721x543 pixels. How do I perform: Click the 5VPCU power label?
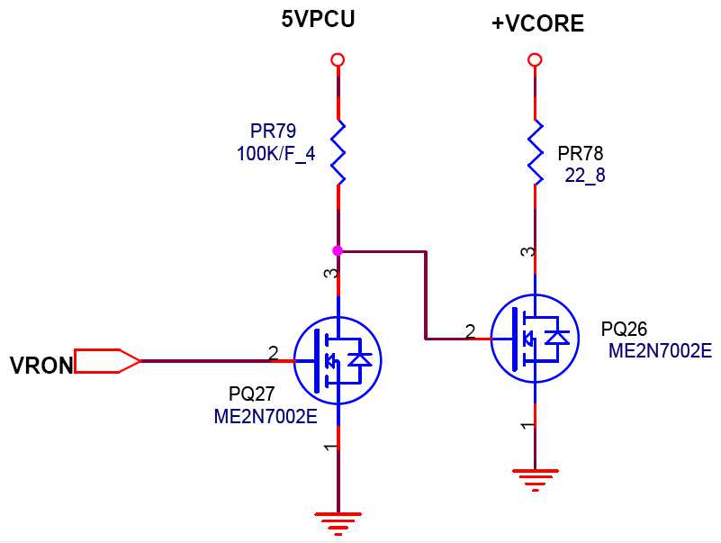318,18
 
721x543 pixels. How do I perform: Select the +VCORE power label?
537,24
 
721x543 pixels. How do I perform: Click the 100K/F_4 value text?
275,154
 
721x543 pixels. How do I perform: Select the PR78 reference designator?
581,153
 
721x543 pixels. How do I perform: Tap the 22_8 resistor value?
585,176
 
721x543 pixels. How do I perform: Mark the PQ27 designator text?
252,394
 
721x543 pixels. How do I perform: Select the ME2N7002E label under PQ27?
266,417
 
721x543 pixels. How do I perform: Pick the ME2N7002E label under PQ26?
660,351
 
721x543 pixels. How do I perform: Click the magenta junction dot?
338,250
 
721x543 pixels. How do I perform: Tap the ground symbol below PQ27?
338,520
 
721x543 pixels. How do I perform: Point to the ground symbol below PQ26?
536,478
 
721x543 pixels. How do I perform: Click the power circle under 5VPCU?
338,59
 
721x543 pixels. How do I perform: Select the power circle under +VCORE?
535,59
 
